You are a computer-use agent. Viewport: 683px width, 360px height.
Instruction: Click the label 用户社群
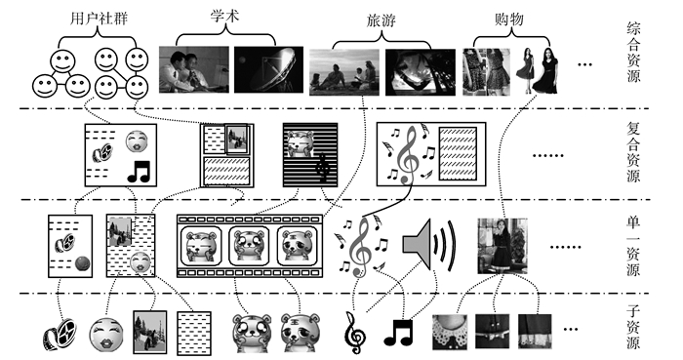(99, 19)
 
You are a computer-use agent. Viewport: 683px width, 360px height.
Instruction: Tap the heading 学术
(224, 17)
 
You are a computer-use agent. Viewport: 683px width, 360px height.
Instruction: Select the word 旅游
(382, 20)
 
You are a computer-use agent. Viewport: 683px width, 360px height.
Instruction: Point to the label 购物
(508, 19)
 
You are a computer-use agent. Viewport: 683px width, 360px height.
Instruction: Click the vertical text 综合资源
(634, 53)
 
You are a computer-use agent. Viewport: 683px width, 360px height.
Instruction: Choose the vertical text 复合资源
(634, 151)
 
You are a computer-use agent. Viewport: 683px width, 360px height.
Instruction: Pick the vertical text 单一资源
(633, 246)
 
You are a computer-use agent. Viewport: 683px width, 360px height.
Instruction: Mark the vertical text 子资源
(633, 327)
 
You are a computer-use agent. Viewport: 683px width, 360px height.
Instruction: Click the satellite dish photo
(268, 69)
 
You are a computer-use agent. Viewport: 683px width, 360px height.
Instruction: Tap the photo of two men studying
(194, 69)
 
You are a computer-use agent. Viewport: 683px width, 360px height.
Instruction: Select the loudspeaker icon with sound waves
(429, 244)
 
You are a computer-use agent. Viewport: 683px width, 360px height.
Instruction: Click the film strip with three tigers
(250, 246)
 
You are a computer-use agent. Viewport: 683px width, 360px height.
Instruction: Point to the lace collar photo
(450, 332)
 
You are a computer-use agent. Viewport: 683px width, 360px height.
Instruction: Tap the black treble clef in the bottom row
(355, 333)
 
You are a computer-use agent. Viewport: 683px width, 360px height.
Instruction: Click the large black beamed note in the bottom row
(398, 333)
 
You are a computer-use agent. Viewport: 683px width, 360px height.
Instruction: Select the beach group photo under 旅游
(344, 72)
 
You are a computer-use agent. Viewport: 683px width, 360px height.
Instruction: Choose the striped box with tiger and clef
(310, 155)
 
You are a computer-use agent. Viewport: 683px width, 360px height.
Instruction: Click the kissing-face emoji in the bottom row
(106, 335)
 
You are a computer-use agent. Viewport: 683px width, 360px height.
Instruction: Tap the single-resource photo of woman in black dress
(502, 246)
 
